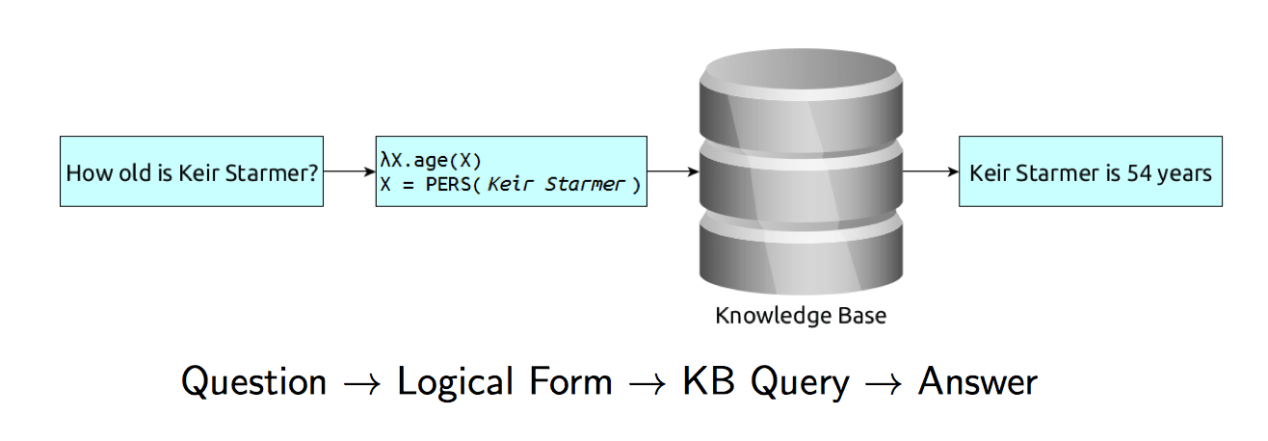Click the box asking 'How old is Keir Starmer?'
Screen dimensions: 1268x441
coord(192,171)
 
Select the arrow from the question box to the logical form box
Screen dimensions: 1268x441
coord(350,171)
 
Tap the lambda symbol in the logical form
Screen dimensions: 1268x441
coord(385,160)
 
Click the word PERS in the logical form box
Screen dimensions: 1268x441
coord(448,184)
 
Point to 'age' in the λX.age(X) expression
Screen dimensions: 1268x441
coord(430,161)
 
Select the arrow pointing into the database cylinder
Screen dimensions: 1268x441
coord(674,171)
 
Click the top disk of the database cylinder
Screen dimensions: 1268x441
coord(801,101)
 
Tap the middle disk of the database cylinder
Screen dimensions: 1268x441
coord(801,182)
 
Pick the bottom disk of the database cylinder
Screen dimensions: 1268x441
coord(801,253)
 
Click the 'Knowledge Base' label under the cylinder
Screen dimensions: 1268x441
coord(801,316)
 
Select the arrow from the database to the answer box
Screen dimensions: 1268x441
coord(931,171)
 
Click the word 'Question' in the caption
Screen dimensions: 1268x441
coord(253,381)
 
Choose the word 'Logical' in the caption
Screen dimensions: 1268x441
coord(456,381)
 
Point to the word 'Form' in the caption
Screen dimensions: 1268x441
coord(570,380)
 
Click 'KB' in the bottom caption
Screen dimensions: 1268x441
coord(708,380)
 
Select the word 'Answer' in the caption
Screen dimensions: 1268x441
coord(978,381)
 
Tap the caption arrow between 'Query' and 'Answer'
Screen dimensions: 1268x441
coord(883,384)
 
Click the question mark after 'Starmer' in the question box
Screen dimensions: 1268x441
coord(313,172)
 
